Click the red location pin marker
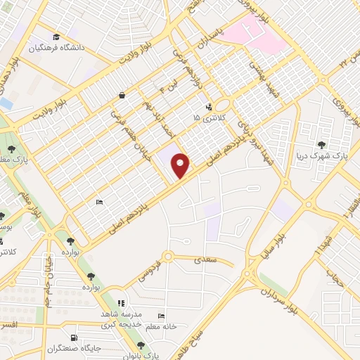[x=181, y=165]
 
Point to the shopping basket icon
[x=122, y=95]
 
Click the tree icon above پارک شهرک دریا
[x=323, y=144]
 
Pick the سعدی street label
[x=210, y=260]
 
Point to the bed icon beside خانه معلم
[x=162, y=316]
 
